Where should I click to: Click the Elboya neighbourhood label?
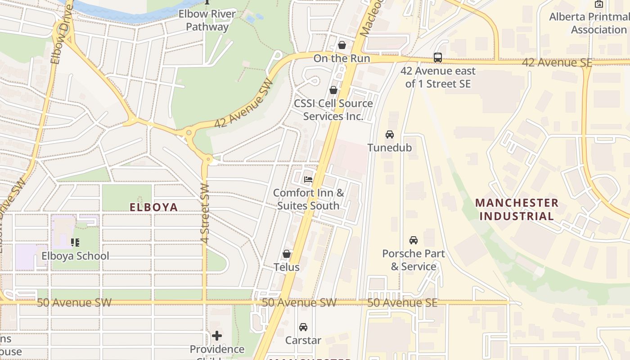coord(154,207)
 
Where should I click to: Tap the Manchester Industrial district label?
coord(517,209)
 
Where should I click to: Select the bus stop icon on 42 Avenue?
coord(438,58)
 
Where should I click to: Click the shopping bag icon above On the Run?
coord(342,45)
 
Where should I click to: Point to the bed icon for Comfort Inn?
coord(308,180)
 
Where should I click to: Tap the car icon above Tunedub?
coord(390,135)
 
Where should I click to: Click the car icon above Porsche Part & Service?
coord(414,240)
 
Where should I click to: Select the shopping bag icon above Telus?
coord(287,254)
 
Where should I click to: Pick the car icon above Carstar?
coord(303,327)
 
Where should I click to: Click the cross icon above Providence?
coord(217,336)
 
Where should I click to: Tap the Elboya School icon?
coord(75,243)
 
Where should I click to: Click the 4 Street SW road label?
coord(205,213)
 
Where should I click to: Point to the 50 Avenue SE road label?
coord(402,303)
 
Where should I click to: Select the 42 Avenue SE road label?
coord(557,63)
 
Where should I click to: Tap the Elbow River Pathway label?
coord(207,20)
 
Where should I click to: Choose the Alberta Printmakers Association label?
coord(589,23)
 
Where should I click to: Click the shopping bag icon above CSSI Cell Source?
coord(333,90)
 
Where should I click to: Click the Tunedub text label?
coord(390,148)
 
